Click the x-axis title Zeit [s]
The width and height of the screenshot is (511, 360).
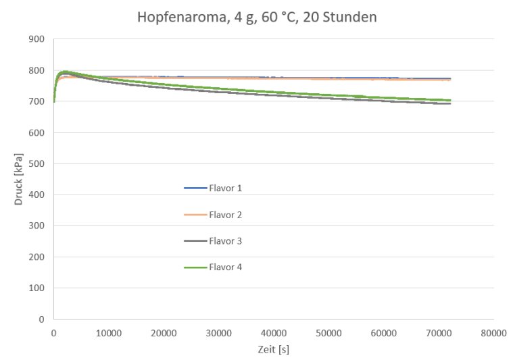coord(274,350)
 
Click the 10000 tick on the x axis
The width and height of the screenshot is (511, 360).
coord(109,333)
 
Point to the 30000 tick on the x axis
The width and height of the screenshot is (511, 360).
coord(219,333)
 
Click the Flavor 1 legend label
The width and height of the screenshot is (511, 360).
coord(226,188)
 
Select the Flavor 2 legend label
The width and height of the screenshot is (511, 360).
coord(226,215)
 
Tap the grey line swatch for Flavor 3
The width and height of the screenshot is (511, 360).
coord(195,240)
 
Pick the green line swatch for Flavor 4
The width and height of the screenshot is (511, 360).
coord(195,267)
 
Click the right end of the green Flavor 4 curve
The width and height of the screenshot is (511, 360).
coord(449,100)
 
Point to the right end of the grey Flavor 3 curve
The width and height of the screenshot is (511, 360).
coord(449,103)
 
